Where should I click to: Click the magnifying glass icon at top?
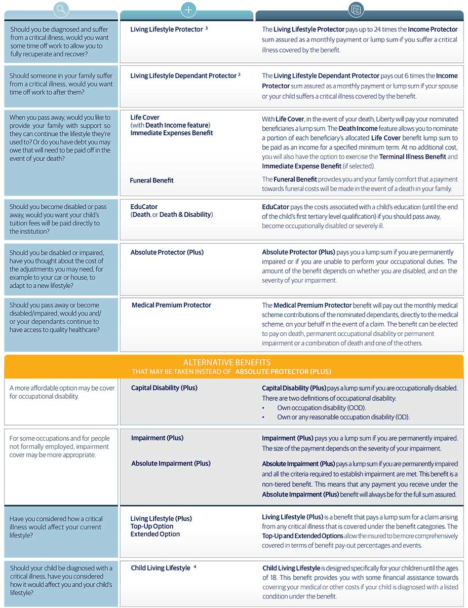61,9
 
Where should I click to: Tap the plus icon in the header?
188,9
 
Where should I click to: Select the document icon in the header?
357,9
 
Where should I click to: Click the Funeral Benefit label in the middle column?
151,180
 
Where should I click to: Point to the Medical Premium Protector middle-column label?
171,305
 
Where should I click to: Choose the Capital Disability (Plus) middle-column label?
164,388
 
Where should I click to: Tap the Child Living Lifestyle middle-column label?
160,568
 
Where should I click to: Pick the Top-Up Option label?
152,526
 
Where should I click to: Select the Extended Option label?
155,534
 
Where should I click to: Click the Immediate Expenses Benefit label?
172,133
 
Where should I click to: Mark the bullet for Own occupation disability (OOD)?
264,408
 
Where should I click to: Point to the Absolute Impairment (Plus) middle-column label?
171,463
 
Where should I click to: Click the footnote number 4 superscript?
195,567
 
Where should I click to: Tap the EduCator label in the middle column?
144,207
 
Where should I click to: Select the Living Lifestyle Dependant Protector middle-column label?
183,76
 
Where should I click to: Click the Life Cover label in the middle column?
145,118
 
